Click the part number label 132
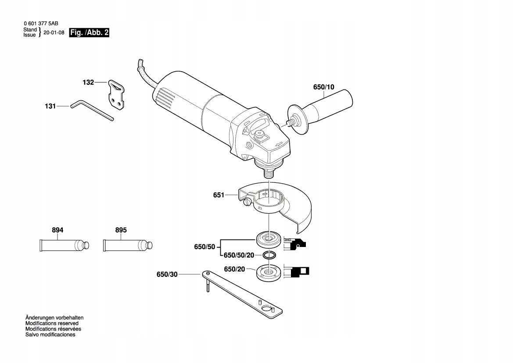coord(88,82)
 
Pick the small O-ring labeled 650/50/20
coord(269,255)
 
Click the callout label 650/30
coord(167,275)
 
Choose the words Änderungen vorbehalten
coord(54,317)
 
